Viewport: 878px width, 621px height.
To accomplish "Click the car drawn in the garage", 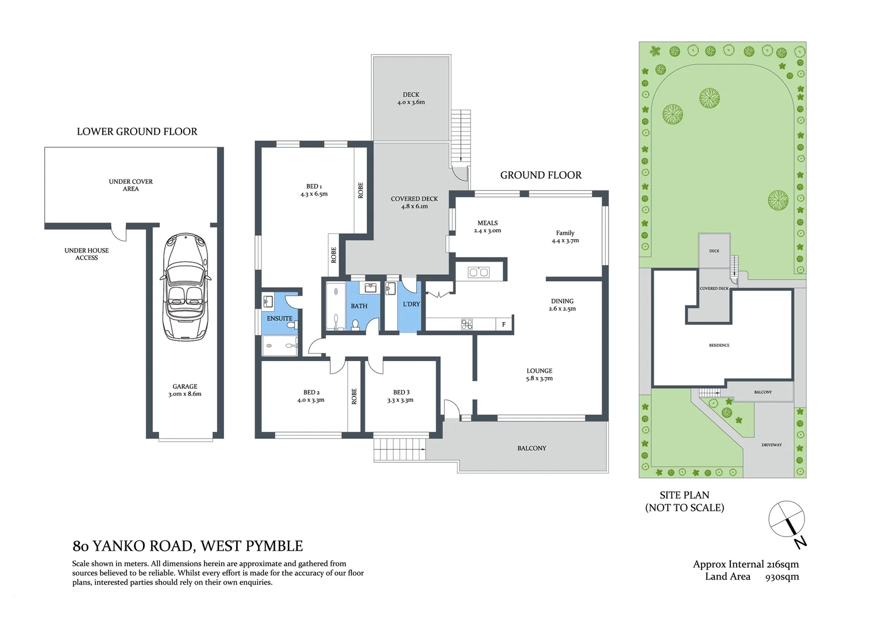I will pyautogui.click(x=185, y=287).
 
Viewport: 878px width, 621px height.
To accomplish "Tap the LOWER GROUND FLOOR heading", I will pyautogui.click(x=137, y=132).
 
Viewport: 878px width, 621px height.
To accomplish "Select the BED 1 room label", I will pyautogui.click(x=314, y=186).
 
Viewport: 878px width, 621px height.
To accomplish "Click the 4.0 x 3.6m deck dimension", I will pyautogui.click(x=411, y=102).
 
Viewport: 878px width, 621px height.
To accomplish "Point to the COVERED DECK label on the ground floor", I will pyautogui.click(x=414, y=199).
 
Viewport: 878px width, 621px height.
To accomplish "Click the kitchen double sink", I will pyautogui.click(x=478, y=272).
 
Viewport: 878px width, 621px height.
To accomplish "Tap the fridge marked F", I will pyautogui.click(x=504, y=325).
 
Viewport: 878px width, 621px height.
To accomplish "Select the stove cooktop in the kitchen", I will pyautogui.click(x=467, y=325).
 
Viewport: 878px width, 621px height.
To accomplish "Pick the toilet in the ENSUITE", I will pyautogui.click(x=291, y=325).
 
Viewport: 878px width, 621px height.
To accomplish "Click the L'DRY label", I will pyautogui.click(x=411, y=304).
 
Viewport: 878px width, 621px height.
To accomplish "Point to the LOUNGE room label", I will pyautogui.click(x=539, y=371).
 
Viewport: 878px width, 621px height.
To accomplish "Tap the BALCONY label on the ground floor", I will pyautogui.click(x=532, y=448).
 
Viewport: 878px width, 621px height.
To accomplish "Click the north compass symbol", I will pyautogui.click(x=788, y=521).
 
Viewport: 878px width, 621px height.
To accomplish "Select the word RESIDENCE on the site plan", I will pyautogui.click(x=719, y=346).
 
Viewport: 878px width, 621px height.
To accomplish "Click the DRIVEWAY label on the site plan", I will pyautogui.click(x=771, y=445).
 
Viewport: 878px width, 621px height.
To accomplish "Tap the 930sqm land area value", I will pyautogui.click(x=781, y=577).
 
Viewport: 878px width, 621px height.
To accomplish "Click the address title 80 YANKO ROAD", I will pyautogui.click(x=187, y=546).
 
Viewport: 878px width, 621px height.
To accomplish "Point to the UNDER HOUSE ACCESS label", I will pyautogui.click(x=87, y=254).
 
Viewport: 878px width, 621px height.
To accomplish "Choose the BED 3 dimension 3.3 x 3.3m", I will pyautogui.click(x=400, y=400).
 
